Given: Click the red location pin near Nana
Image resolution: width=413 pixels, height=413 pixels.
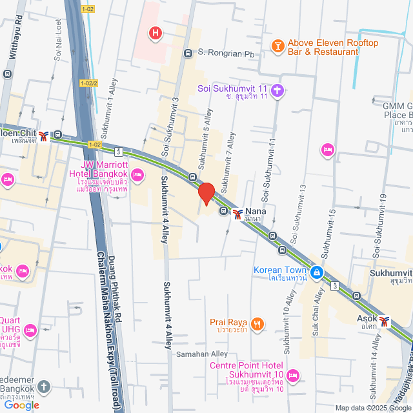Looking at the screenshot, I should pyautogui.click(x=206, y=194).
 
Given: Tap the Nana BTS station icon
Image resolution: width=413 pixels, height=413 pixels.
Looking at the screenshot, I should pyautogui.click(x=238, y=212).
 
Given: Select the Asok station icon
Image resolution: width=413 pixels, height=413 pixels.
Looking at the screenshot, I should pyautogui.click(x=385, y=320).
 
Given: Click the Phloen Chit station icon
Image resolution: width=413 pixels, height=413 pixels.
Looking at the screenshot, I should pyautogui.click(x=43, y=136).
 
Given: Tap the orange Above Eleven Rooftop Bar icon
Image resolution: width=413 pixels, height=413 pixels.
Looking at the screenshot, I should pyautogui.click(x=278, y=45).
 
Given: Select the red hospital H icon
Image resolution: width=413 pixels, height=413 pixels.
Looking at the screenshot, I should pyautogui.click(x=155, y=32).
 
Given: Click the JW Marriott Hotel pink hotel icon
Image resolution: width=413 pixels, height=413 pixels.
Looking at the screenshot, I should pyautogui.click(x=137, y=175).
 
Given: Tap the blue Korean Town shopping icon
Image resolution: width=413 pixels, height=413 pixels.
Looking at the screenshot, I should pyautogui.click(x=317, y=273).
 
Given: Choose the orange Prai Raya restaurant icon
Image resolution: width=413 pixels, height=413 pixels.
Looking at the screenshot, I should pyautogui.click(x=257, y=324).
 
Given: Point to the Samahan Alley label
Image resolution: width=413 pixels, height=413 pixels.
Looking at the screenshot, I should pyautogui.click(x=202, y=354).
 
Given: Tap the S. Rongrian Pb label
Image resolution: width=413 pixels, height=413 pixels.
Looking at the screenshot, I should pyautogui.click(x=227, y=53).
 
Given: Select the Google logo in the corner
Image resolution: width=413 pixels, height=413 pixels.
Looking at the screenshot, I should pyautogui.click(x=21, y=405).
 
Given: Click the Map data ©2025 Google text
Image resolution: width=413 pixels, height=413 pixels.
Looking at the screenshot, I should pyautogui.click(x=372, y=407).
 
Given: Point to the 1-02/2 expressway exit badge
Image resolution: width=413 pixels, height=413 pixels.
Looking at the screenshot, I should pyautogui.click(x=89, y=83).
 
